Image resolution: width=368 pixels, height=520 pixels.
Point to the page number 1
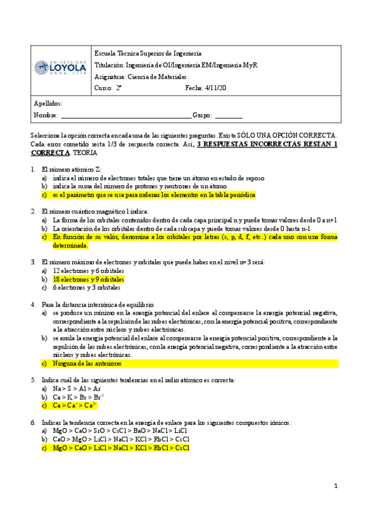pyautogui.click(x=336, y=486)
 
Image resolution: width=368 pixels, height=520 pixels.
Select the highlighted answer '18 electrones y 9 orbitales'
pyautogui.click(x=88, y=279)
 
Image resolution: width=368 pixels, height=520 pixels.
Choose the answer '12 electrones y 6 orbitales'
pyautogui.click(x=88, y=270)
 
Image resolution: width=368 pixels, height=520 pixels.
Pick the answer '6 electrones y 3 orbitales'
pyautogui.click(x=87, y=288)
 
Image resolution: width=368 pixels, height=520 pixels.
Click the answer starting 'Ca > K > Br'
pyautogui.click(x=76, y=397)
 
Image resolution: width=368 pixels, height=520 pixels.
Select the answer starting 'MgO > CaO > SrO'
pyautogui.click(x=120, y=431)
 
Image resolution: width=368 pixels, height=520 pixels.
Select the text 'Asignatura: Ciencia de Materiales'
pyautogui.click(x=142, y=77)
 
